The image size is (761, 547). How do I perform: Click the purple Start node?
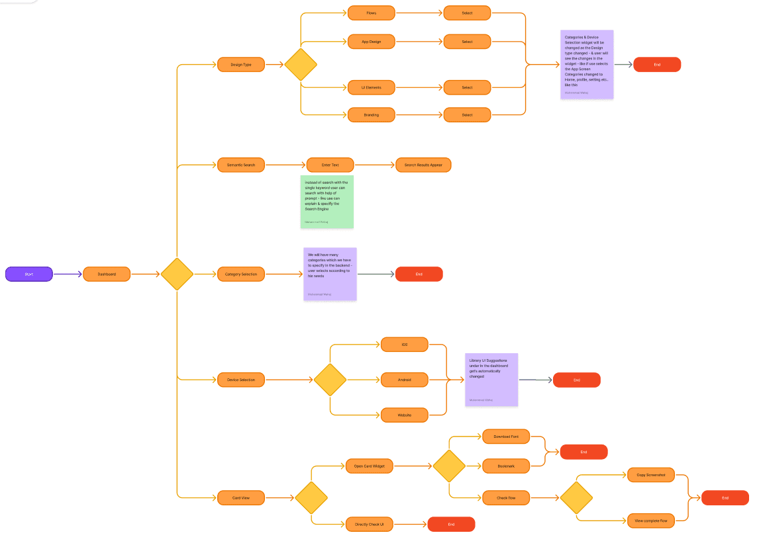(x=29, y=274)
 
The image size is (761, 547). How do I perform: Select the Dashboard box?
(x=107, y=274)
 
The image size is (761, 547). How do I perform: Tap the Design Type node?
(x=241, y=64)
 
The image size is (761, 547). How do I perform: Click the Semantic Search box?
(x=241, y=165)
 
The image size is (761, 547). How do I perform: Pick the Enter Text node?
(x=330, y=165)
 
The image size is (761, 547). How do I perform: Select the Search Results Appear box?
(x=423, y=165)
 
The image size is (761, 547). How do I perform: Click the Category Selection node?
(x=241, y=274)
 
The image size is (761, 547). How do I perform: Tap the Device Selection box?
(x=241, y=380)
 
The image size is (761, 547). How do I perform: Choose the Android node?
(x=404, y=380)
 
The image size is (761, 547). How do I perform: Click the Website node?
(x=404, y=415)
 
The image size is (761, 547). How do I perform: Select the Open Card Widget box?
(x=369, y=466)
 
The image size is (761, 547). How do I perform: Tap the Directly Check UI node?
(x=369, y=525)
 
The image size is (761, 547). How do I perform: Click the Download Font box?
(x=506, y=437)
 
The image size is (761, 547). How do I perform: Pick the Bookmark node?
(x=506, y=466)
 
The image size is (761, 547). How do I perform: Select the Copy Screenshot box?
(x=651, y=475)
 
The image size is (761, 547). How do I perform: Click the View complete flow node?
(x=651, y=521)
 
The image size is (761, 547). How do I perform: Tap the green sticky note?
(x=327, y=202)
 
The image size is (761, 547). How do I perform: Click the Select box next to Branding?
(x=467, y=115)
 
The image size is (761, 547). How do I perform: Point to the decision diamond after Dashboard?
(x=177, y=274)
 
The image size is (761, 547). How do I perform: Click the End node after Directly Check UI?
(x=451, y=525)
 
